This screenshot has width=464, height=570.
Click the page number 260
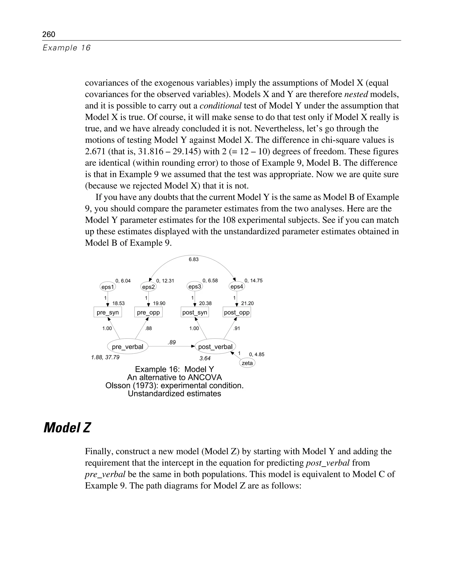click(49, 34)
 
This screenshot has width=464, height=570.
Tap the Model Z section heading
click(67, 427)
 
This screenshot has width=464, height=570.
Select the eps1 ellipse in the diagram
click(108, 287)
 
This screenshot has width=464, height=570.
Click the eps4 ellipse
click(237, 287)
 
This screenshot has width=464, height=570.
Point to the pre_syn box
click(108, 312)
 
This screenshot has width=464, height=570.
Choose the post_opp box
click(237, 312)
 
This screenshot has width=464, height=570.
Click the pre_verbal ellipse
click(128, 347)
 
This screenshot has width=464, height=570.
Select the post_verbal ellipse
click(215, 347)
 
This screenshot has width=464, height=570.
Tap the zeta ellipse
click(247, 363)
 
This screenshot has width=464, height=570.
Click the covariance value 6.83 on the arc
click(193, 259)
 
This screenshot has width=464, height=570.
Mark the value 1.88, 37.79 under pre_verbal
click(105, 357)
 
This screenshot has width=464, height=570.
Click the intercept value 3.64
click(205, 358)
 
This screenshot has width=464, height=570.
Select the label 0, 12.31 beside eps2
click(165, 281)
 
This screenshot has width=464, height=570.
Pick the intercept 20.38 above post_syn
click(205, 303)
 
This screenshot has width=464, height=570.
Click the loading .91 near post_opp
click(237, 329)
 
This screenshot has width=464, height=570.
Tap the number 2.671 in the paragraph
click(95, 152)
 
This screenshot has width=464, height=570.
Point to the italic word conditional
click(220, 106)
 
